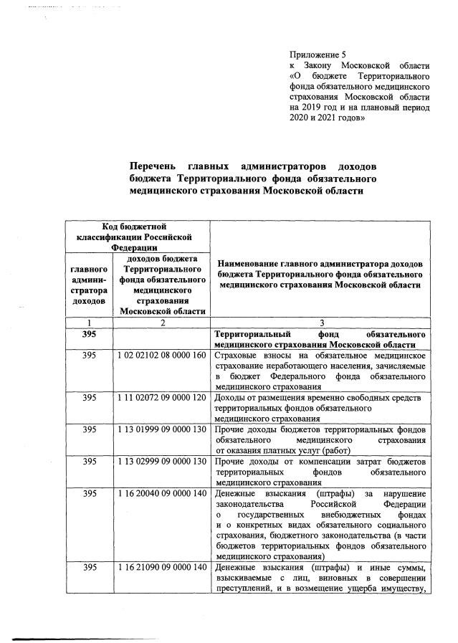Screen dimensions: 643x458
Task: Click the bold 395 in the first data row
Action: point(89,335)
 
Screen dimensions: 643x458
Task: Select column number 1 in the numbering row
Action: point(89,323)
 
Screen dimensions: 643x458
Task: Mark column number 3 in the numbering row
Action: point(322,323)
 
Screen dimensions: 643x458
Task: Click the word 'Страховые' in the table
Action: point(237,356)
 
